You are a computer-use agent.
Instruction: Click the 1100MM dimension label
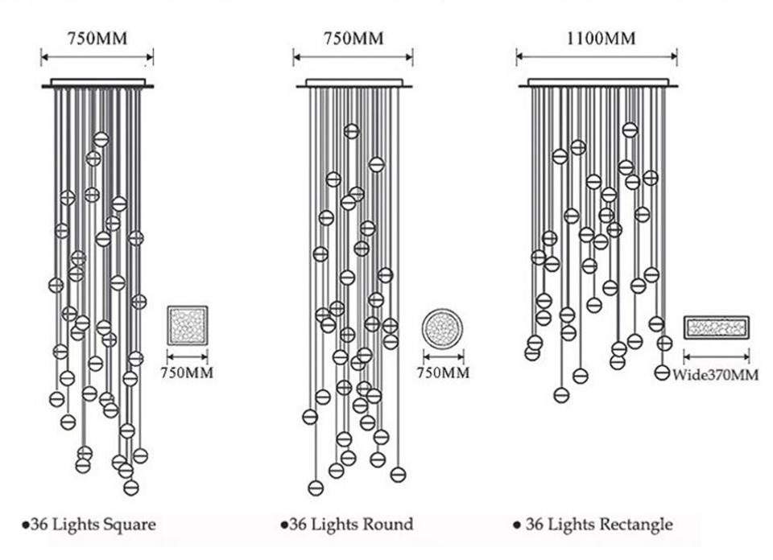point(601,39)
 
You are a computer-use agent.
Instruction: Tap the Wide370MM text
point(715,375)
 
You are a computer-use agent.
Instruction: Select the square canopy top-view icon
point(188,325)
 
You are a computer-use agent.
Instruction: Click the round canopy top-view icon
point(442,329)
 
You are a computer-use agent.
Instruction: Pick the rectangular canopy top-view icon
point(717,327)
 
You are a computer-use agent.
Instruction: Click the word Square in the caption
point(128,525)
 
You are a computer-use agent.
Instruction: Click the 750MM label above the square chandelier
point(97,39)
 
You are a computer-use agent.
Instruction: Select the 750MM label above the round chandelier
point(353,39)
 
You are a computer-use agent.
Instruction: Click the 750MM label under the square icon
point(187,373)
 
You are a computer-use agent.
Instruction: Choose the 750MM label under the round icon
point(443,373)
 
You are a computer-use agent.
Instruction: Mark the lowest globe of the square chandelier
point(131,488)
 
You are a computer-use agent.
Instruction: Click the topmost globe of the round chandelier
point(352,131)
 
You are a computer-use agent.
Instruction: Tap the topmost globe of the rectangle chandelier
point(630,130)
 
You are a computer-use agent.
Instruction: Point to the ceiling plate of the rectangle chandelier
point(598,83)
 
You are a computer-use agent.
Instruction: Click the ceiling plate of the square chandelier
point(97,83)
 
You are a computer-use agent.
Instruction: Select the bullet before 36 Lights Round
point(284,525)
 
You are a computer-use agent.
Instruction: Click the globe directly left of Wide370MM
point(662,373)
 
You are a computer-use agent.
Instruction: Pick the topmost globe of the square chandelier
point(101,139)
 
